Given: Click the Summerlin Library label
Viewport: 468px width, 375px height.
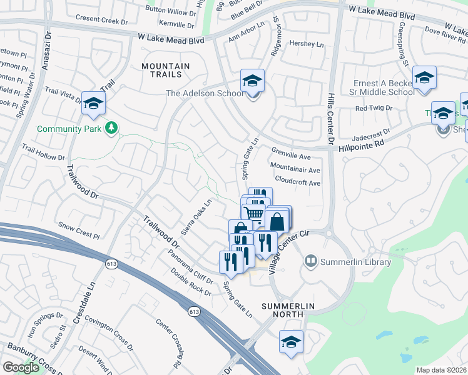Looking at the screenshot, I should (x=355, y=262).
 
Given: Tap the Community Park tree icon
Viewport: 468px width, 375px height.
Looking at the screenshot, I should (x=112, y=128).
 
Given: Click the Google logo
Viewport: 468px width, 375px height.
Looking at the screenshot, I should (x=21, y=367).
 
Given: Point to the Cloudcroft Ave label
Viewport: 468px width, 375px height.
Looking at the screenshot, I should (x=298, y=183).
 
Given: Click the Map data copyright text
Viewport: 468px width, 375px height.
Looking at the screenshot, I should (x=442, y=369).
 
